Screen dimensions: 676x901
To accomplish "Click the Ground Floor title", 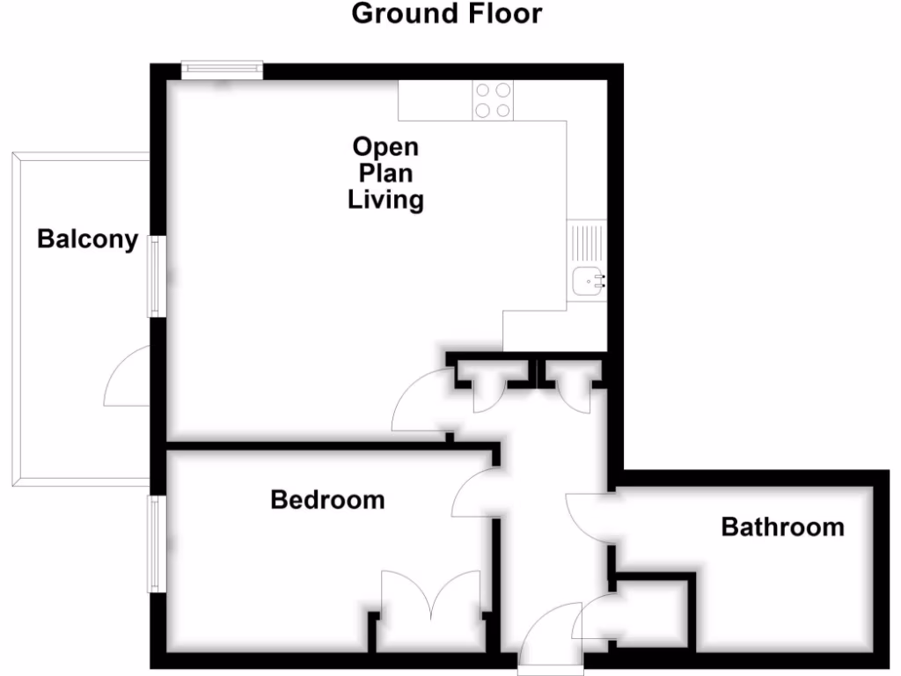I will pyautogui.click(x=446, y=14).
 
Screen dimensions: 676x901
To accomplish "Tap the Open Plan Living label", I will pyautogui.click(x=385, y=173).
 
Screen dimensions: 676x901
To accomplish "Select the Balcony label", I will pyautogui.click(x=87, y=239).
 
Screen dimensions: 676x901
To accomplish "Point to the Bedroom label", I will pyautogui.click(x=327, y=500).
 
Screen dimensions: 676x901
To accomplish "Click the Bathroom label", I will pyautogui.click(x=782, y=527).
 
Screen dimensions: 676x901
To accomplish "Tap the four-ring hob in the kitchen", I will pyautogui.click(x=493, y=100).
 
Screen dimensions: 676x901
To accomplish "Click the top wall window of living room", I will pyautogui.click(x=222, y=70).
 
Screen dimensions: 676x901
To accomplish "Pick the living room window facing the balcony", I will pyautogui.click(x=155, y=276).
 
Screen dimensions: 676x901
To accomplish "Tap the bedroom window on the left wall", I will pyautogui.click(x=155, y=543).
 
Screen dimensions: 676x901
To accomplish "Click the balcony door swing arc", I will pyautogui.click(x=125, y=378).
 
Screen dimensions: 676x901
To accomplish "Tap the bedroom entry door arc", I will pyautogui.click(x=473, y=493).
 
